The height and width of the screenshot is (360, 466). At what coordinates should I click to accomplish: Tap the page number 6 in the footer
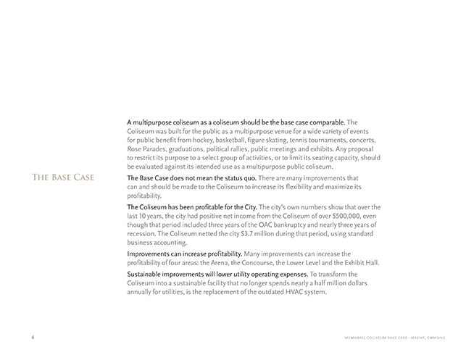click(x=32, y=338)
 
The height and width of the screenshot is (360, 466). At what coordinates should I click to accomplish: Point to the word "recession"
click(x=145, y=233)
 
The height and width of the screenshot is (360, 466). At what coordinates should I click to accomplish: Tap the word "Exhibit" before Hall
click(x=354, y=262)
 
